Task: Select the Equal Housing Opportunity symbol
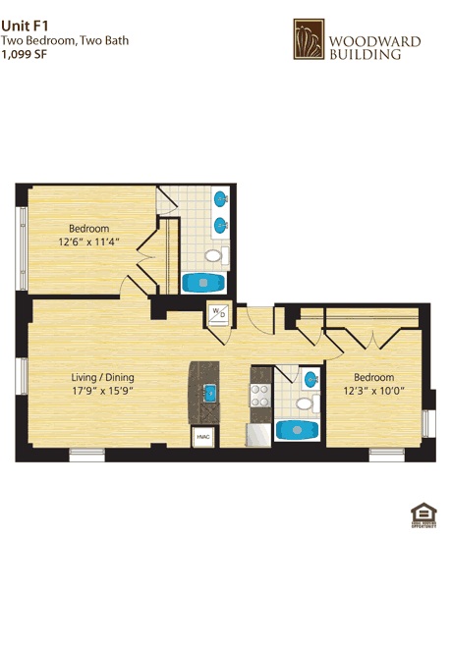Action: [423, 514]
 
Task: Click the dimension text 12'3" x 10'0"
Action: [373, 391]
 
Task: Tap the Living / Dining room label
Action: [102, 377]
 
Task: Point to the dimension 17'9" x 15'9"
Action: [102, 391]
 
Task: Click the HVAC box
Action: [203, 436]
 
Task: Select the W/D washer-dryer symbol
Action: [217, 314]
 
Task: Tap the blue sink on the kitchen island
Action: [209, 393]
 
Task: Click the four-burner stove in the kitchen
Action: [260, 394]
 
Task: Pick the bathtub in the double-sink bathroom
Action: [204, 283]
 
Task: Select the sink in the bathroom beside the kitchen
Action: [310, 378]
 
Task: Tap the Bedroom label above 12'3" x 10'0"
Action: [373, 377]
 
